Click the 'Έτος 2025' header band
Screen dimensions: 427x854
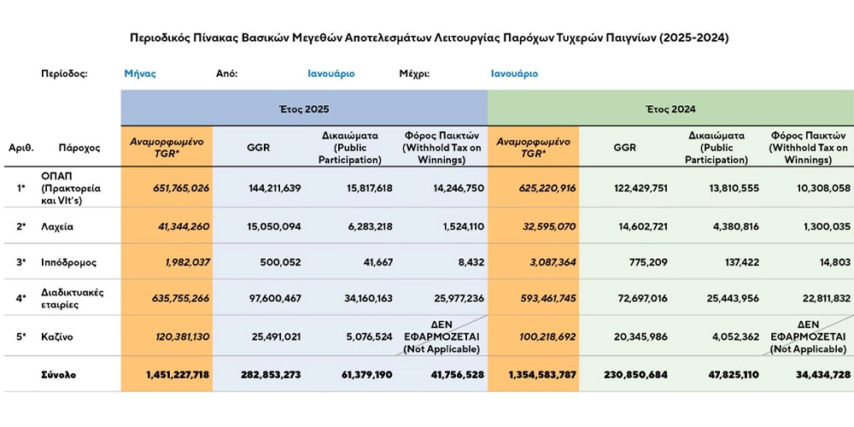(304, 109)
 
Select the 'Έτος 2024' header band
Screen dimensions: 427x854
(670, 109)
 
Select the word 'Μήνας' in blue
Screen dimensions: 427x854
(140, 73)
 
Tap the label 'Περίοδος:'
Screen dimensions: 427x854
(64, 73)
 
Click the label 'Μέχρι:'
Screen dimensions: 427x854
(414, 73)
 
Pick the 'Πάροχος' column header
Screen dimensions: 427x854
(79, 147)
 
